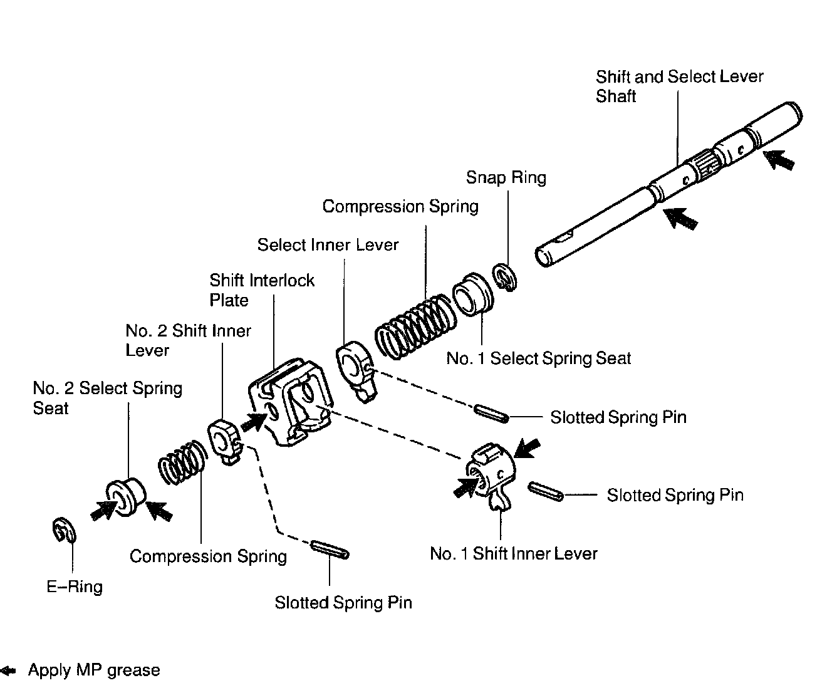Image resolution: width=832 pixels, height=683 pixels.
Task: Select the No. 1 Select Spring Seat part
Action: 474,294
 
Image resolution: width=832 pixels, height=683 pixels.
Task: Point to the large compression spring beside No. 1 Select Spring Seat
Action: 414,326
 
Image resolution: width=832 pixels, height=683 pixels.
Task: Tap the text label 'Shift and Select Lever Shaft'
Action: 679,86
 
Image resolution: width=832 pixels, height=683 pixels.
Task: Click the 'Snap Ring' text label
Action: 506,177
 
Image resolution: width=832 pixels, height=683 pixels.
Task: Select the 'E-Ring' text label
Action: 75,587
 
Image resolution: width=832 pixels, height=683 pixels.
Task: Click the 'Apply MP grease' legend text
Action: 94,670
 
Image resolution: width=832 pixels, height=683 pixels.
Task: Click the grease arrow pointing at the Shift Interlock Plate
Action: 252,421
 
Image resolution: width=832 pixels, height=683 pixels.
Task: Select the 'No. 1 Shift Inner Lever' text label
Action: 514,553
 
